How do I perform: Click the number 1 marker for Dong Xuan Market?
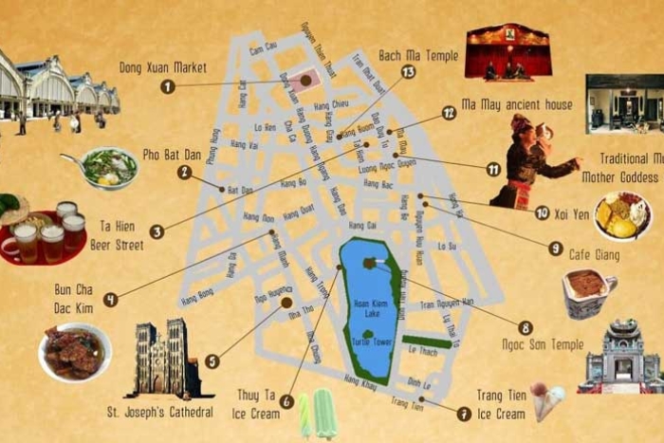[x=167, y=86]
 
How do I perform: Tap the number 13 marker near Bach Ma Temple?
[x=409, y=72]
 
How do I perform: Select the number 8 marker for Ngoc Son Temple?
[x=526, y=327]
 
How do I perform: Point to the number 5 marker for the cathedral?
[x=212, y=360]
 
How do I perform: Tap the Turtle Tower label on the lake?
[x=370, y=342]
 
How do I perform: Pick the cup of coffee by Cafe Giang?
[x=588, y=291]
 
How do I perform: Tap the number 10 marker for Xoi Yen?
[x=542, y=213]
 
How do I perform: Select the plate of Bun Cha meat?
[x=73, y=350]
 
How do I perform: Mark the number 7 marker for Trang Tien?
[x=463, y=414]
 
